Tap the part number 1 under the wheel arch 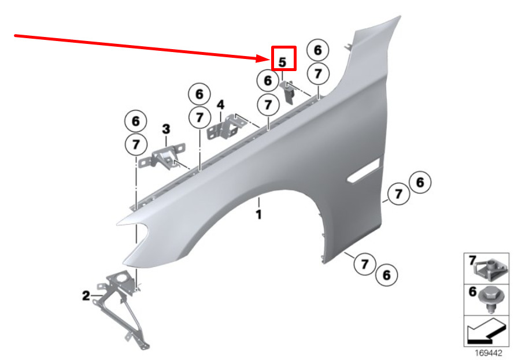click(259, 215)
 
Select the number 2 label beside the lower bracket click(86, 296)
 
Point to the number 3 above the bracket click(165, 128)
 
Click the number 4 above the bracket click(220, 105)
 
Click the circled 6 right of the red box click(317, 51)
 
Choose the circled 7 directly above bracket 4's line click(268, 106)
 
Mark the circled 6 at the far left click(135, 121)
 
